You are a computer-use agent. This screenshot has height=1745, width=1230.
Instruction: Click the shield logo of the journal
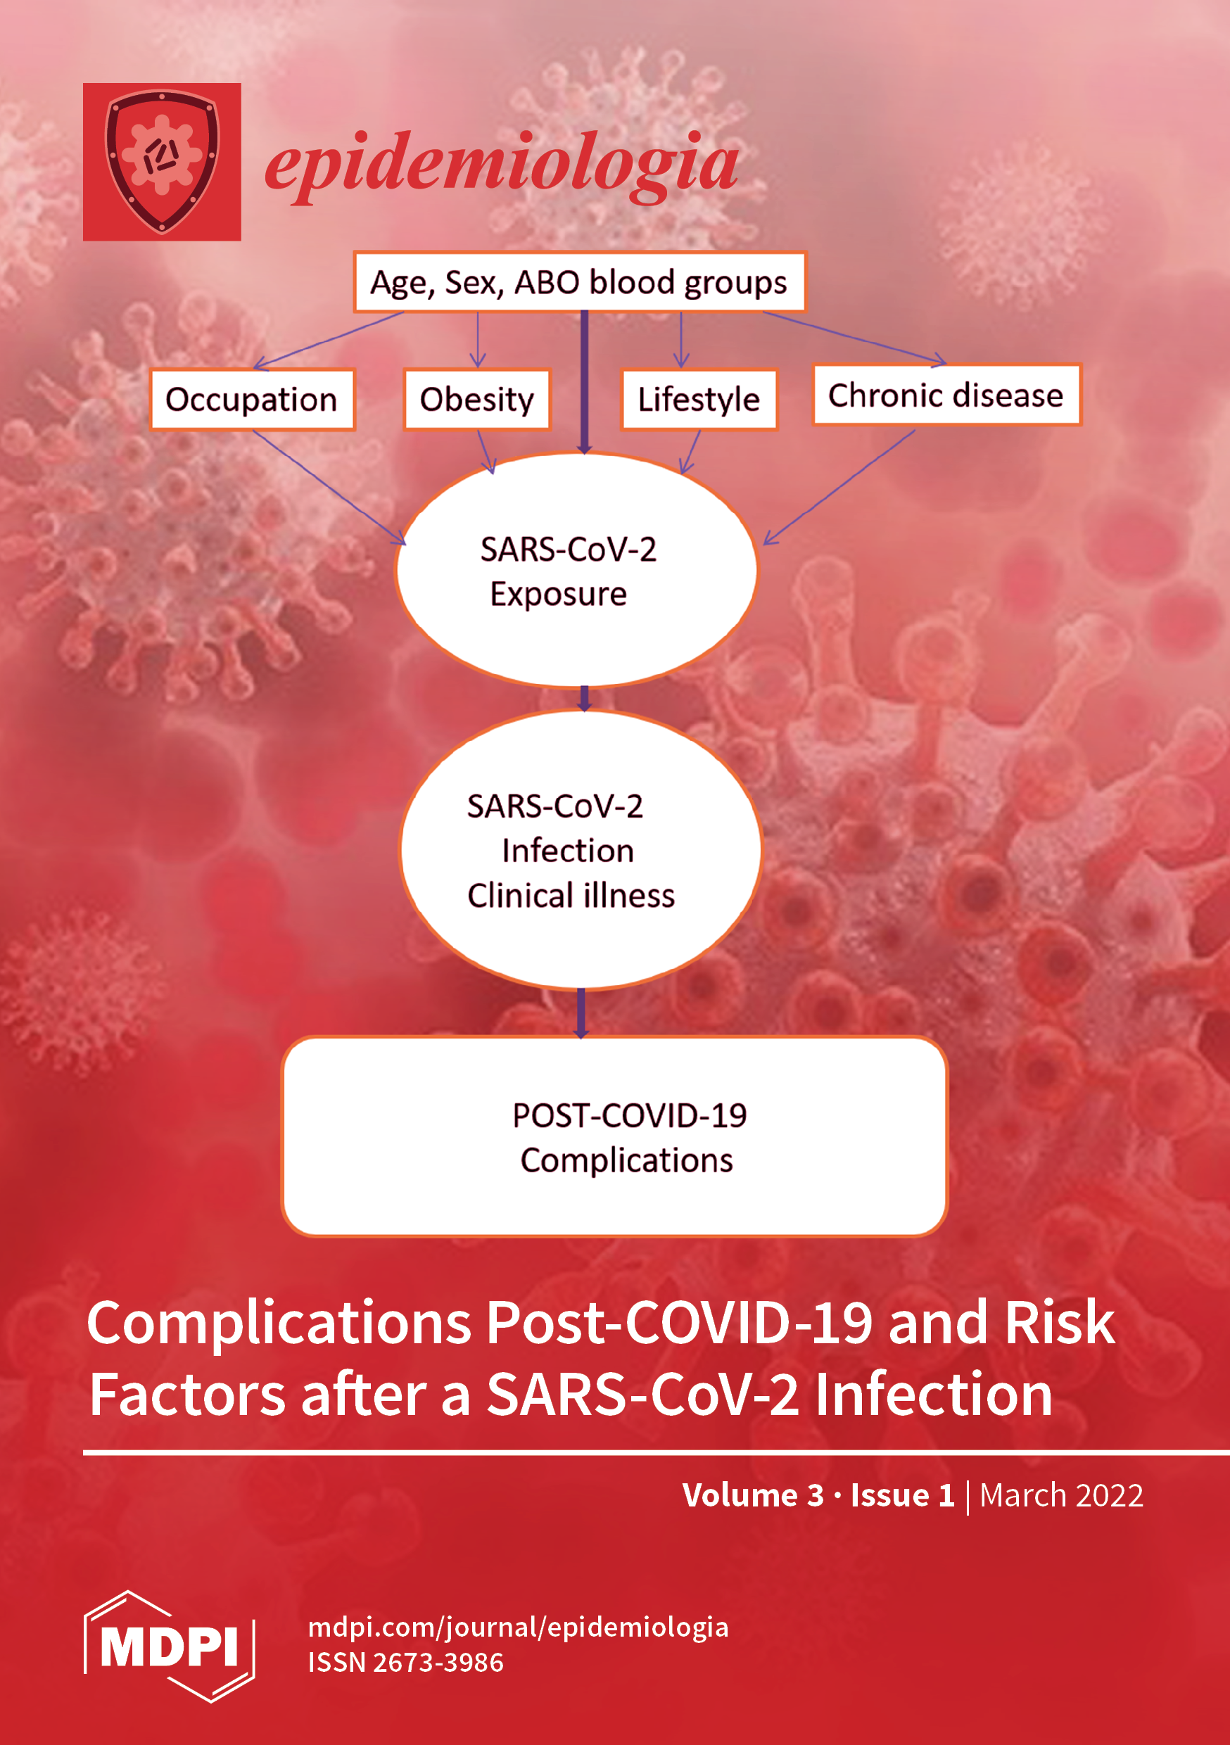point(162,162)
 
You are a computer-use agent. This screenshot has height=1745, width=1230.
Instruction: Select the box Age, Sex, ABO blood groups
point(579,282)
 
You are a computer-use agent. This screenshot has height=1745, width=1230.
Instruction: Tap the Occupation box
point(253,400)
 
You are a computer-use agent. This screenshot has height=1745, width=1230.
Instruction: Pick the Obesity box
point(477,400)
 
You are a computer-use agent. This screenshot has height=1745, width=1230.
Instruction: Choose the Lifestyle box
point(699,400)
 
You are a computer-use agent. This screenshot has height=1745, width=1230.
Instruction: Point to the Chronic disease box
point(946,395)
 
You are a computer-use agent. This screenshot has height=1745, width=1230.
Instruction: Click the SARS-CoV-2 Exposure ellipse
point(577,570)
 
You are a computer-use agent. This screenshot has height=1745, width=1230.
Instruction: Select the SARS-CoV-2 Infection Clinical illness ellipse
point(580,850)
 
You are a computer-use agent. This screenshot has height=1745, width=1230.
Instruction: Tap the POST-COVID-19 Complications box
point(614,1137)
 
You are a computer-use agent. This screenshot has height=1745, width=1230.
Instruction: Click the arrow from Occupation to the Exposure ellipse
point(329,487)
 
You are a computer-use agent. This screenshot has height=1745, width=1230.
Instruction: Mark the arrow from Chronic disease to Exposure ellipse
point(839,487)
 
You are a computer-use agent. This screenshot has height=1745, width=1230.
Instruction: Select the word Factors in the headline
point(188,1395)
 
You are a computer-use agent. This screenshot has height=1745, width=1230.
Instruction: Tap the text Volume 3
point(753,1495)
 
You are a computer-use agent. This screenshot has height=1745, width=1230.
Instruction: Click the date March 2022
point(1061,1495)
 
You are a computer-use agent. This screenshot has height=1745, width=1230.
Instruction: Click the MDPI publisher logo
point(169,1647)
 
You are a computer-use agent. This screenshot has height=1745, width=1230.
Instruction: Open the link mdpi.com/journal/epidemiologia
point(519,1627)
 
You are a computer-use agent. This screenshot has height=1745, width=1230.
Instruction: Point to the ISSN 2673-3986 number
point(406,1663)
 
